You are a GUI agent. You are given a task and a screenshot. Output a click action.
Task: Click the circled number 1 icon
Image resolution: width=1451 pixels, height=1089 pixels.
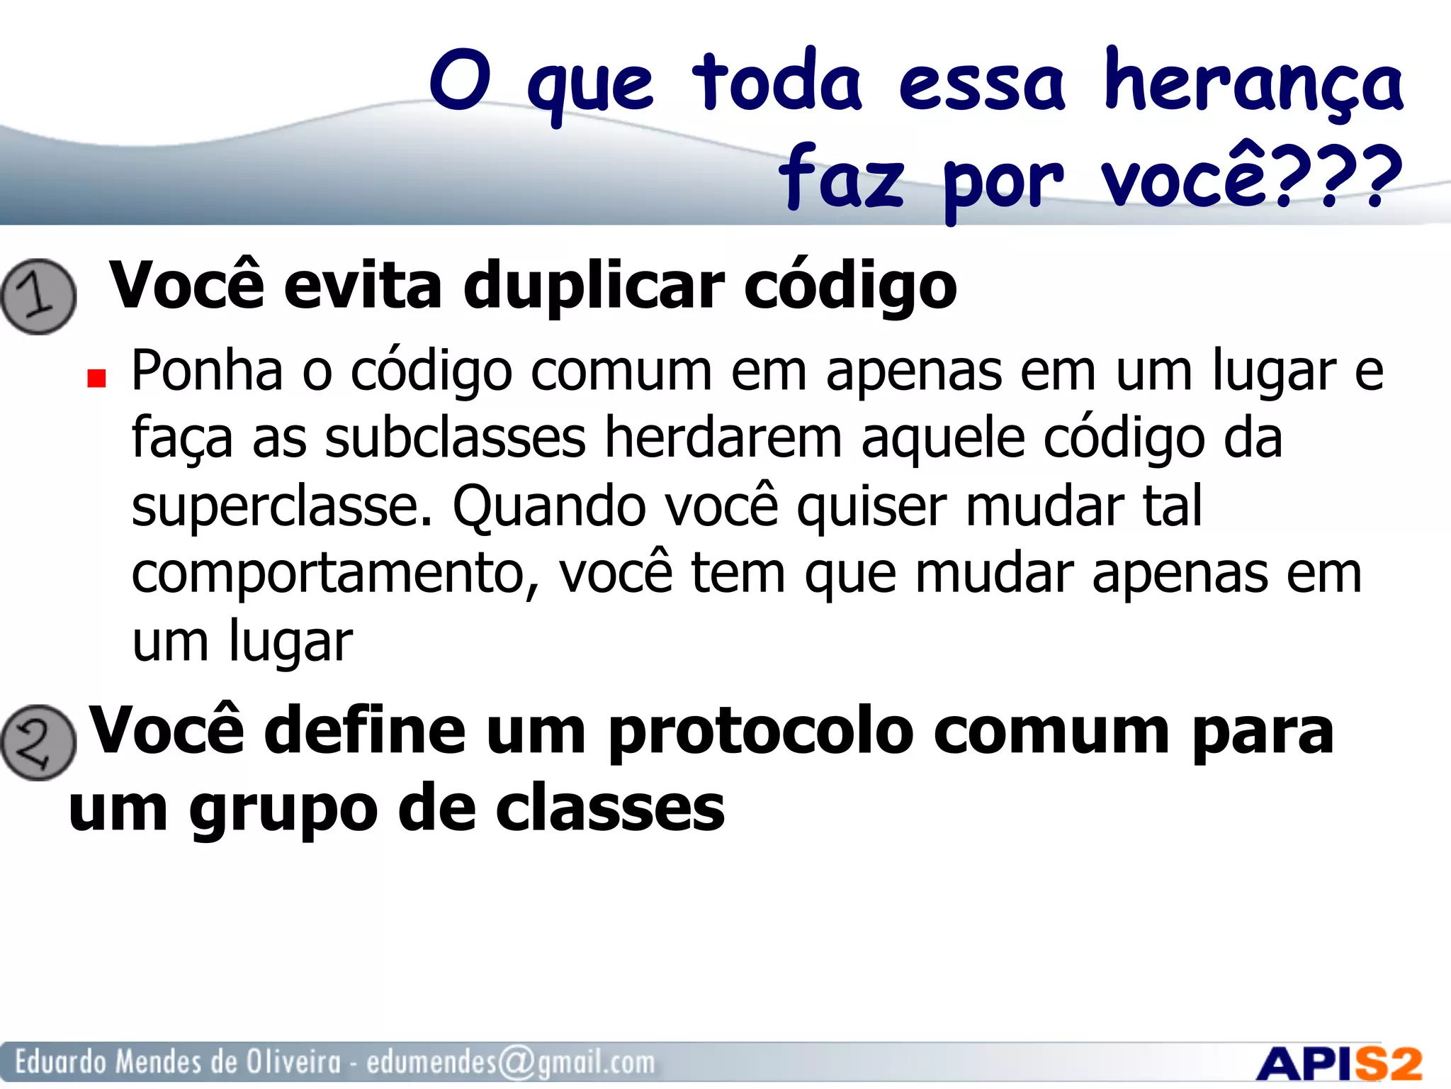38,296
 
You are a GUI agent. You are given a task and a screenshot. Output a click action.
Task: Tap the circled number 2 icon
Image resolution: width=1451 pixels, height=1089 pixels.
38,742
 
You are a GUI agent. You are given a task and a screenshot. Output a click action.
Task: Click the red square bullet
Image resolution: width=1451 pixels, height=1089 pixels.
96,379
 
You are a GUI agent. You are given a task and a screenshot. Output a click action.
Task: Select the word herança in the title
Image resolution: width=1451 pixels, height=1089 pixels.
1253,84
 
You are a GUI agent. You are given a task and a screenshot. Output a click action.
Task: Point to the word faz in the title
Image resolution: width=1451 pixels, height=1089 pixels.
841,177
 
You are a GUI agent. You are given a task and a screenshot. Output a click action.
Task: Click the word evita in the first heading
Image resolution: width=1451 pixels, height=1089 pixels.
363,285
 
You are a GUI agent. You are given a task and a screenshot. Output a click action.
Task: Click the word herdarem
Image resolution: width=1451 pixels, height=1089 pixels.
723,437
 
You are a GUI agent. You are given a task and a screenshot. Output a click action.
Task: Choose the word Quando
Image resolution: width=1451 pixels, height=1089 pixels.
549,506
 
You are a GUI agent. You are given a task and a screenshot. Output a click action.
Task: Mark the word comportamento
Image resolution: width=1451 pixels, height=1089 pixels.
334,573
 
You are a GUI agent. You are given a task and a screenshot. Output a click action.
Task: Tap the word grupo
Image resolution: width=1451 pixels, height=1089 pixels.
283,809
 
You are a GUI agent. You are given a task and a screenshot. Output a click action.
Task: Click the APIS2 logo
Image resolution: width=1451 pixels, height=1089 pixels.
1338,1063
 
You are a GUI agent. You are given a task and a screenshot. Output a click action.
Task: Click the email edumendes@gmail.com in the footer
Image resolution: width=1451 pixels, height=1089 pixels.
510,1062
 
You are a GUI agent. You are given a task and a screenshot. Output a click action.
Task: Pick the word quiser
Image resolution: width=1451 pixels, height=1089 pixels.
871,506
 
